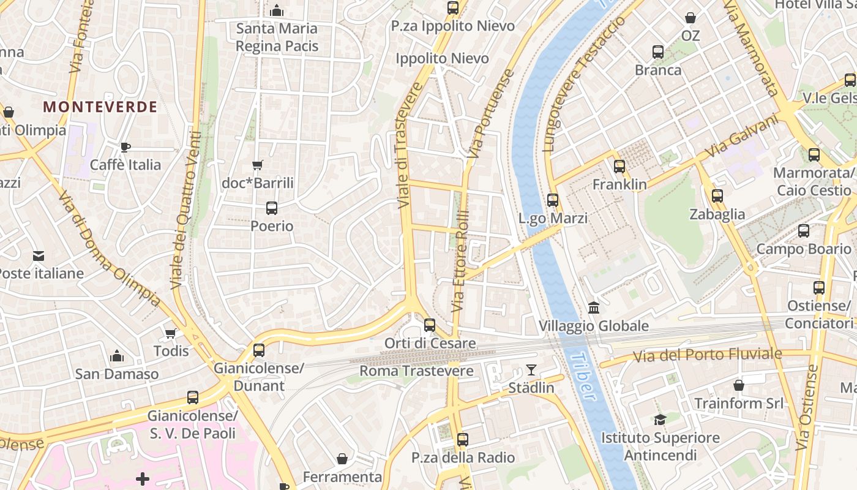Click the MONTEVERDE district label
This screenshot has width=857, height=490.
[x=100, y=107]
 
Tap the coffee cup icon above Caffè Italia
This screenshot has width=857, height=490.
[x=125, y=147]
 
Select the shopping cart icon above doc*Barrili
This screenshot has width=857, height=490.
[x=258, y=165]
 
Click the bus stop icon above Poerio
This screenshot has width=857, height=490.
[x=272, y=208]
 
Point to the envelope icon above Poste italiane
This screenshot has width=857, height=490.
[x=39, y=255]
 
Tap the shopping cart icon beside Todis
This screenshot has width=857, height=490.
[x=170, y=333]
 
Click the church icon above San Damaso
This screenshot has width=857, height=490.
[x=116, y=356]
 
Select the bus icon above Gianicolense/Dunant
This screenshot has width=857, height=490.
[x=259, y=350]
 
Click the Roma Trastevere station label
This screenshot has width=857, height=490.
[x=416, y=371]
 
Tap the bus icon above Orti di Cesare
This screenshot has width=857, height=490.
[x=430, y=325]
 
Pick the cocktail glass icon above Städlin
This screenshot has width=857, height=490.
[x=531, y=370]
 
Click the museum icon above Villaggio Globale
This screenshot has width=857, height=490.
[x=593, y=307]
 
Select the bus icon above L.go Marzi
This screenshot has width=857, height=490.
[x=553, y=200]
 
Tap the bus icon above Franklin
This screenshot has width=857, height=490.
[x=619, y=166]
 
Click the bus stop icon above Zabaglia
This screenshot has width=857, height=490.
[x=717, y=197]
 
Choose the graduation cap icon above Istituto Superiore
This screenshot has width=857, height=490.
[x=660, y=420]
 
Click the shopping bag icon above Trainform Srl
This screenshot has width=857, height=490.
[x=739, y=385]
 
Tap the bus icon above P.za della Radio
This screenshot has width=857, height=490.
[x=463, y=440]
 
